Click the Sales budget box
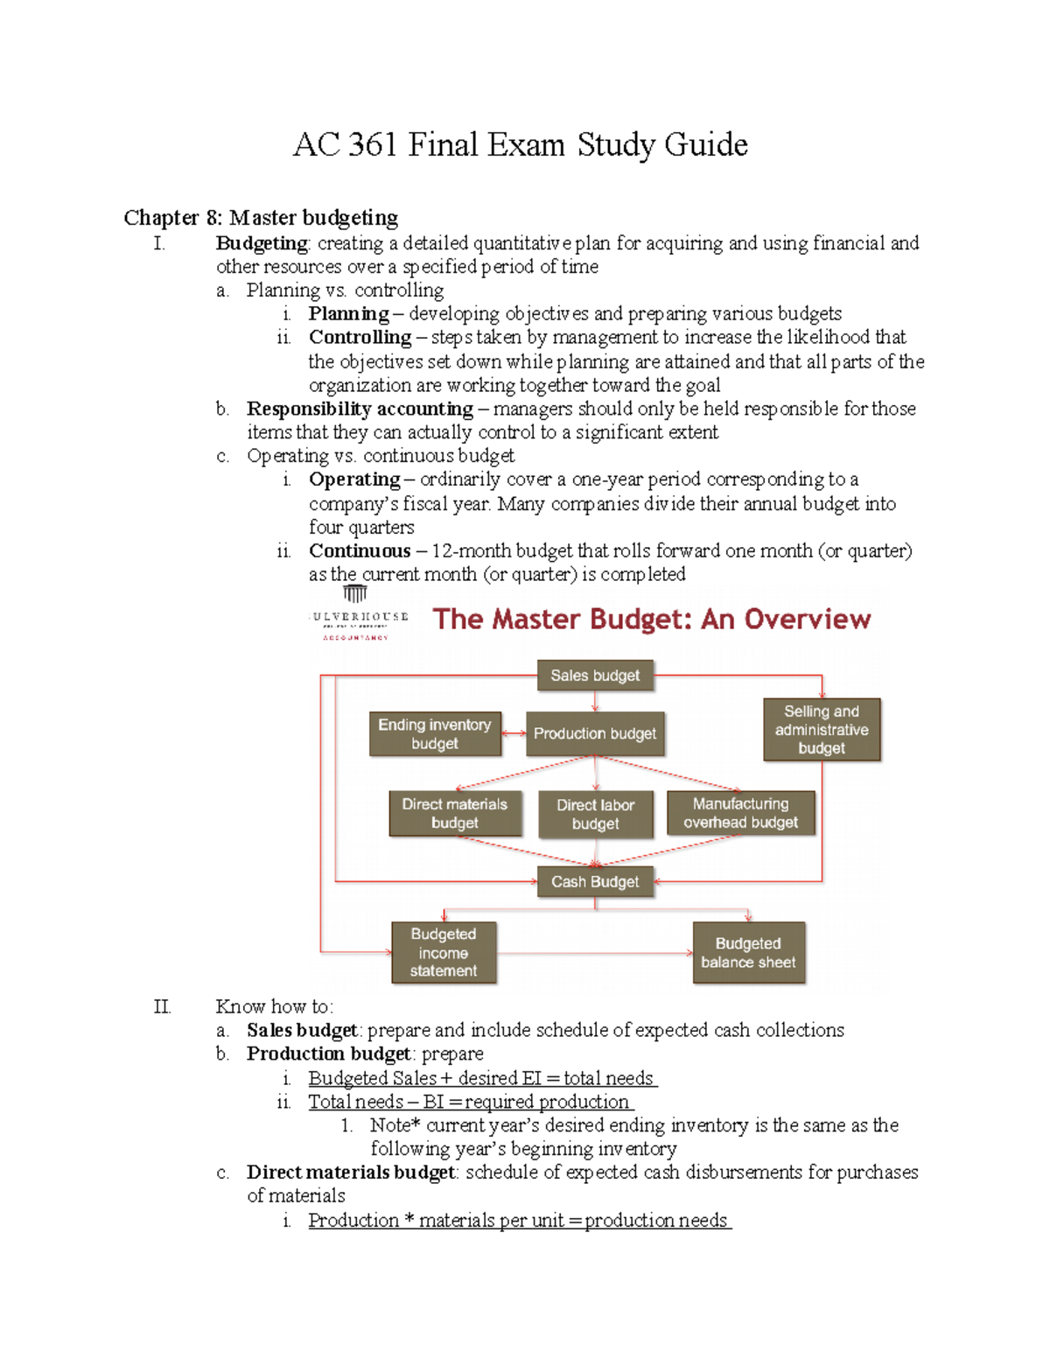tap(595, 676)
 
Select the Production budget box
tap(595, 733)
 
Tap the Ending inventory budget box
tap(435, 734)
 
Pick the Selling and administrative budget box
tap(822, 730)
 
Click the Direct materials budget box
tap(455, 814)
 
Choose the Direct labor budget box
tap(596, 815)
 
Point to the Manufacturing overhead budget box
tap(740, 813)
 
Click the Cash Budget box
tap(595, 882)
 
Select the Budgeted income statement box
tap(444, 953)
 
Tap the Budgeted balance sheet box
tap(748, 953)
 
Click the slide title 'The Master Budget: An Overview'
tap(652, 620)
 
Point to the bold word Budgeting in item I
tap(262, 243)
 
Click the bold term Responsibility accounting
tap(360, 409)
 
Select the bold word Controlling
tap(360, 338)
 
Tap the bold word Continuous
tap(360, 551)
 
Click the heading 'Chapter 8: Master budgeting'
tap(261, 217)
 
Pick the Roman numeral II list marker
tap(162, 1007)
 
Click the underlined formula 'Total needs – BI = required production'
tap(469, 1102)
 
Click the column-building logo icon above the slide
tap(354, 594)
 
